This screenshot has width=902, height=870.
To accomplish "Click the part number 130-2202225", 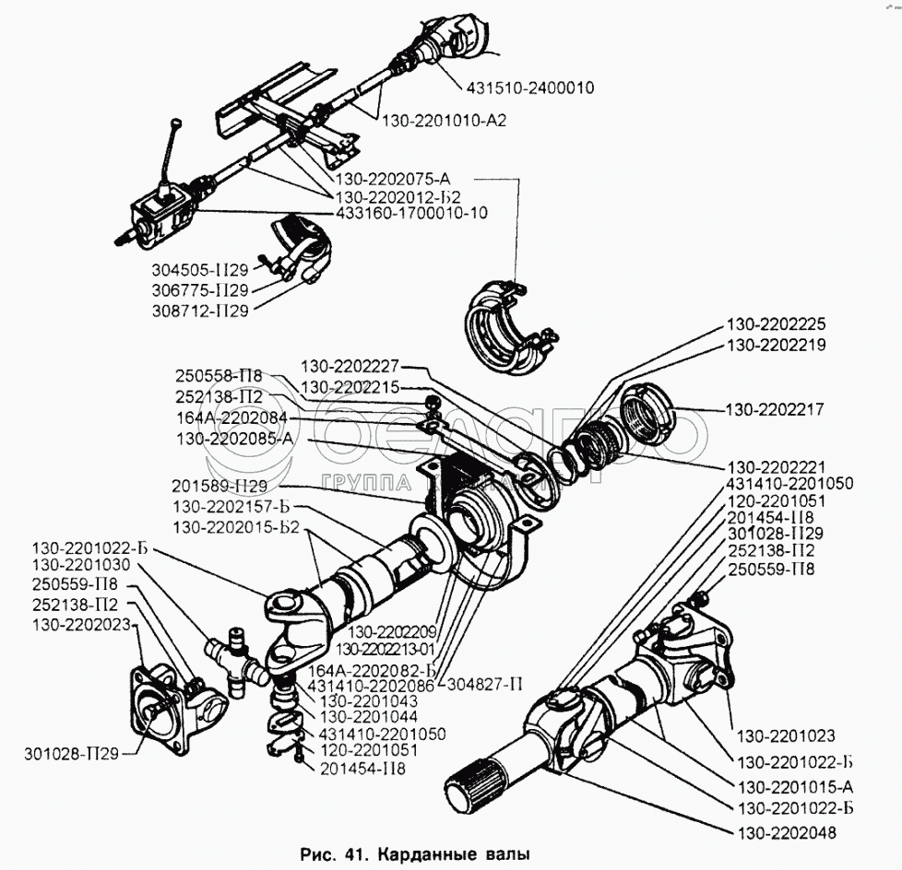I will [776, 324].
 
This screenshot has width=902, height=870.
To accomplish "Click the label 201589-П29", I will [219, 485].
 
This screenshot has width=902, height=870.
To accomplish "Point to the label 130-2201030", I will [81, 564].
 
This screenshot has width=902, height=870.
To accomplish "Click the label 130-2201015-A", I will [794, 786].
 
